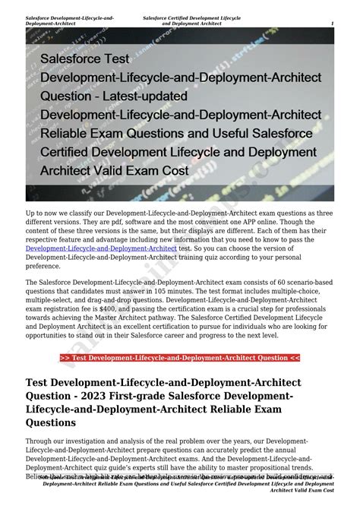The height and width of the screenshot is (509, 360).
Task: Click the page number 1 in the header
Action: tap(332, 24)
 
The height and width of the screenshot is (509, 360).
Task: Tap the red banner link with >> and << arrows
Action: tap(179, 358)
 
